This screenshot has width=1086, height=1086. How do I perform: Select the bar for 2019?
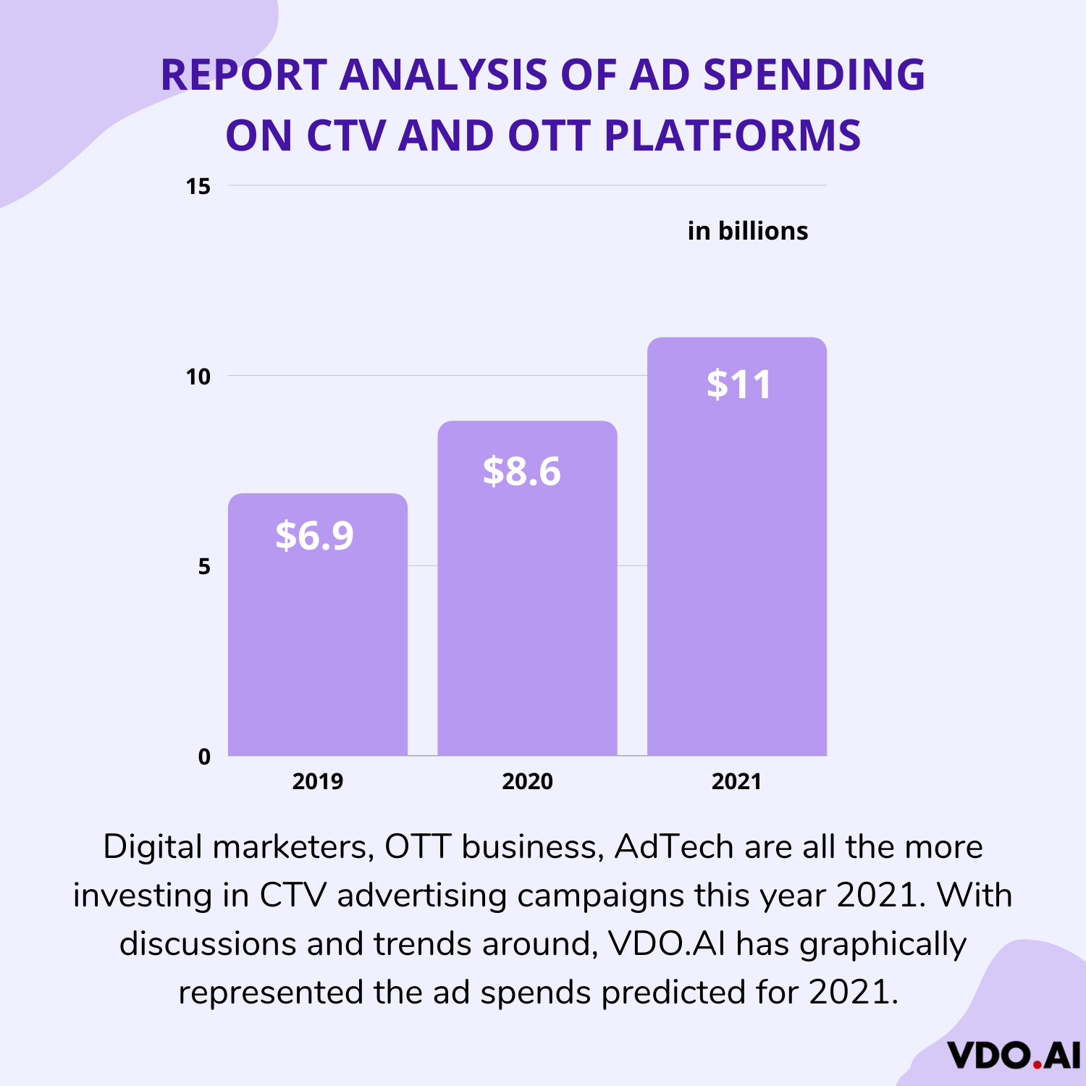318,637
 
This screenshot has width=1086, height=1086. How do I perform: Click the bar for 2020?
527,601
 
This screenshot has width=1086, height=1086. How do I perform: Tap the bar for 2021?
737,565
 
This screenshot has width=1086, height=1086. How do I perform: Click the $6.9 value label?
314,536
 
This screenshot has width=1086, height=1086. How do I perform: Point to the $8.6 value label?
522,471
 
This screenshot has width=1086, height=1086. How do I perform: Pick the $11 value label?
739,384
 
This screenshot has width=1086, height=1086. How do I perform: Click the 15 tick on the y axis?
198,187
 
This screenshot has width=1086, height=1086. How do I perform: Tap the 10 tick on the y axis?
198,376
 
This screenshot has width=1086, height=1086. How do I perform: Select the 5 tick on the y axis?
204,566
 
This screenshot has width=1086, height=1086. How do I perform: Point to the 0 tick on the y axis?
204,757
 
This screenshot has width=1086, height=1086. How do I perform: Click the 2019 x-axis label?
318,781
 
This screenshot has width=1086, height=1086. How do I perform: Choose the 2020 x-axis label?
527,781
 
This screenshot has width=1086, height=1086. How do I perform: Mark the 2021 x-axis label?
736,781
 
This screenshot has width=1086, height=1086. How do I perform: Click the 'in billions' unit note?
747,231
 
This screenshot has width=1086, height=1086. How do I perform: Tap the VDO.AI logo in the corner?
1013,1056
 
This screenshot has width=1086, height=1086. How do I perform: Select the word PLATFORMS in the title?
732,135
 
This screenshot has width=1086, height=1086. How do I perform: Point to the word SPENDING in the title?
814,75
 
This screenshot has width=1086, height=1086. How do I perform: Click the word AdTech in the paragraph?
673,846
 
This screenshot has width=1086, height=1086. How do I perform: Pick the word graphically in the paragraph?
883,943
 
